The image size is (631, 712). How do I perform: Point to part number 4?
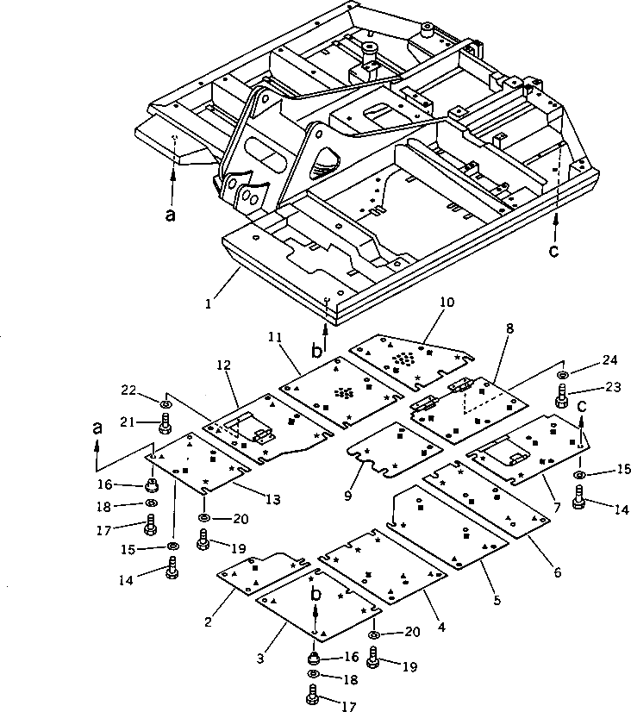click(440, 628)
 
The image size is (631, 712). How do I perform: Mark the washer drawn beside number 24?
click(563, 376)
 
